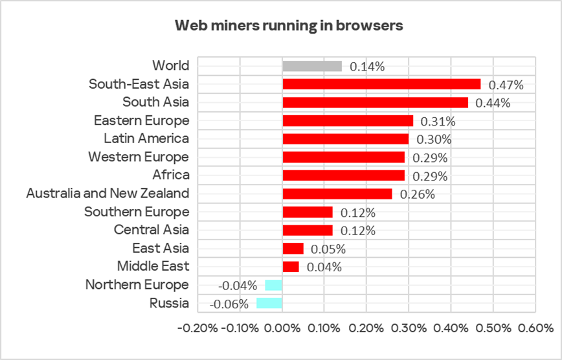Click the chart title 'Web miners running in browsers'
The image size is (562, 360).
click(289, 26)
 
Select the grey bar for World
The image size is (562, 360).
click(312, 66)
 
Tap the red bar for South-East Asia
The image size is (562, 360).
click(381, 84)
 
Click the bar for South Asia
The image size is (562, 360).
click(375, 102)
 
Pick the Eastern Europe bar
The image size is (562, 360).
click(348, 120)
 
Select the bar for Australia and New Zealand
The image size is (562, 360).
click(337, 194)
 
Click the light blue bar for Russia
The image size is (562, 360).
click(269, 303)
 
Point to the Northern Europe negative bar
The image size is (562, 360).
click(274, 285)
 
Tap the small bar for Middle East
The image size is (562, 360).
click(291, 266)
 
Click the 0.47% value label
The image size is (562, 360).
click(506, 85)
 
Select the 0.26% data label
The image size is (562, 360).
click(418, 194)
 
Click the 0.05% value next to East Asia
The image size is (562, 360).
click(328, 249)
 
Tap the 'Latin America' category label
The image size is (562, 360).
click(146, 139)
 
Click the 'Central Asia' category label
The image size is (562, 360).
click(152, 230)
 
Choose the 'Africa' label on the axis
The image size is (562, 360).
click(171, 175)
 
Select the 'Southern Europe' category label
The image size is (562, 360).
click(137, 212)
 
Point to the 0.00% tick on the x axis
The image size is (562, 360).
click(282, 328)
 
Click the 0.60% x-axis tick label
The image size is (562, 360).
click(535, 328)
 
